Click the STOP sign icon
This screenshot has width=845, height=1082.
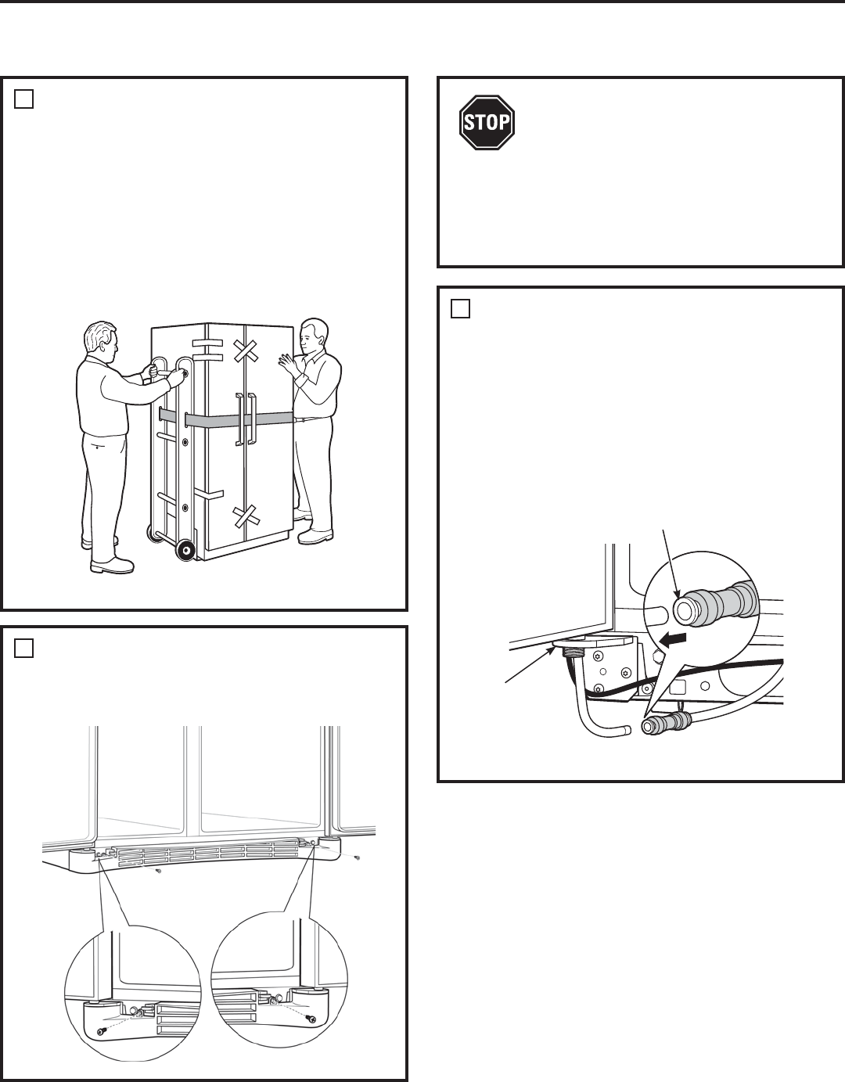coord(487,122)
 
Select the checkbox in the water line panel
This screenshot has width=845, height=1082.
coord(460,309)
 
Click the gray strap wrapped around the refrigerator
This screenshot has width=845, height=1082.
coord(227,419)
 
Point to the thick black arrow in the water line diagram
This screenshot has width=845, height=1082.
coord(675,640)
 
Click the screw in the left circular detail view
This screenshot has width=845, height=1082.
coord(102,1033)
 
